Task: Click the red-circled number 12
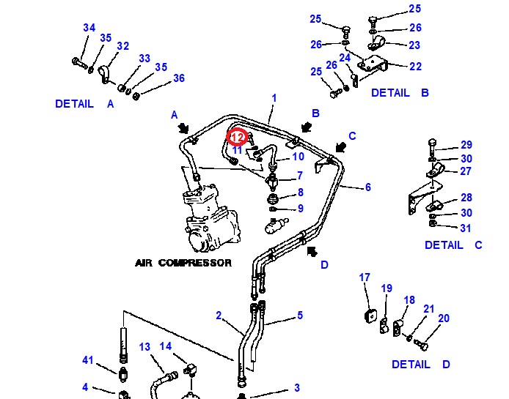[237, 137]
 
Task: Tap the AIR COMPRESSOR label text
[183, 262]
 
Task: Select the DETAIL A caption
[85, 104]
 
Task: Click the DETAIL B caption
[400, 93]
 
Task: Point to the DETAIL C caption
[453, 245]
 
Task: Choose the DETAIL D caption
[420, 364]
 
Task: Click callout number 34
[89, 28]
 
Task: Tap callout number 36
[179, 78]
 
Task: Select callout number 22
[415, 67]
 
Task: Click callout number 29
[466, 145]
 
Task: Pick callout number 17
[365, 277]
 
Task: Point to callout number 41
[88, 359]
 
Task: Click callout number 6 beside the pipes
[367, 187]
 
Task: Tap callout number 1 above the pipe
[274, 98]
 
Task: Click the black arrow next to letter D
[312, 253]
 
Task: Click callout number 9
[299, 209]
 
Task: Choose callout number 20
[443, 318]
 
